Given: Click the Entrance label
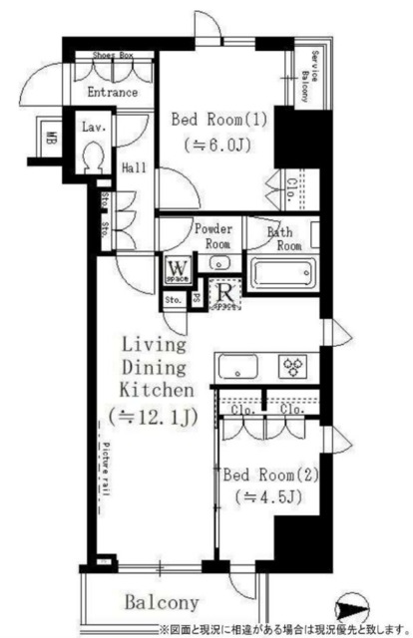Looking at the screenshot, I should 112,93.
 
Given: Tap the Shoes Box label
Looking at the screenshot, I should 113,56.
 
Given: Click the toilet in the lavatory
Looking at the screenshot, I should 94,157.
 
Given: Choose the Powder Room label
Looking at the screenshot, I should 212,234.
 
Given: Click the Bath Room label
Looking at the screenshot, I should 285,239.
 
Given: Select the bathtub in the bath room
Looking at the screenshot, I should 281,273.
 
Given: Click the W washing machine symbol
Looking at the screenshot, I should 179,268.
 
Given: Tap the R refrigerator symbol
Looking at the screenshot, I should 226,294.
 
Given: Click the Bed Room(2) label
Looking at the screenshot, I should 271,476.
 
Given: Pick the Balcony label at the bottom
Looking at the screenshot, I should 162,603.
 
